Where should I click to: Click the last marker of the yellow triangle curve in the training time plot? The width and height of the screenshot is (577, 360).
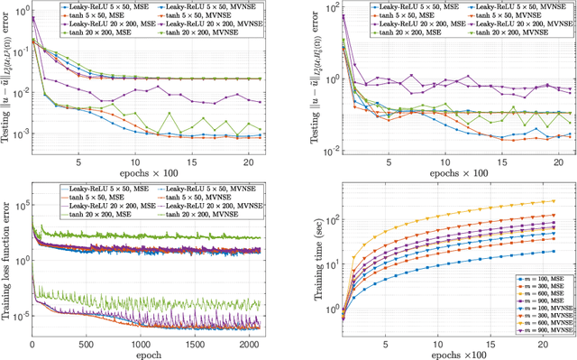(x=553, y=201)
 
